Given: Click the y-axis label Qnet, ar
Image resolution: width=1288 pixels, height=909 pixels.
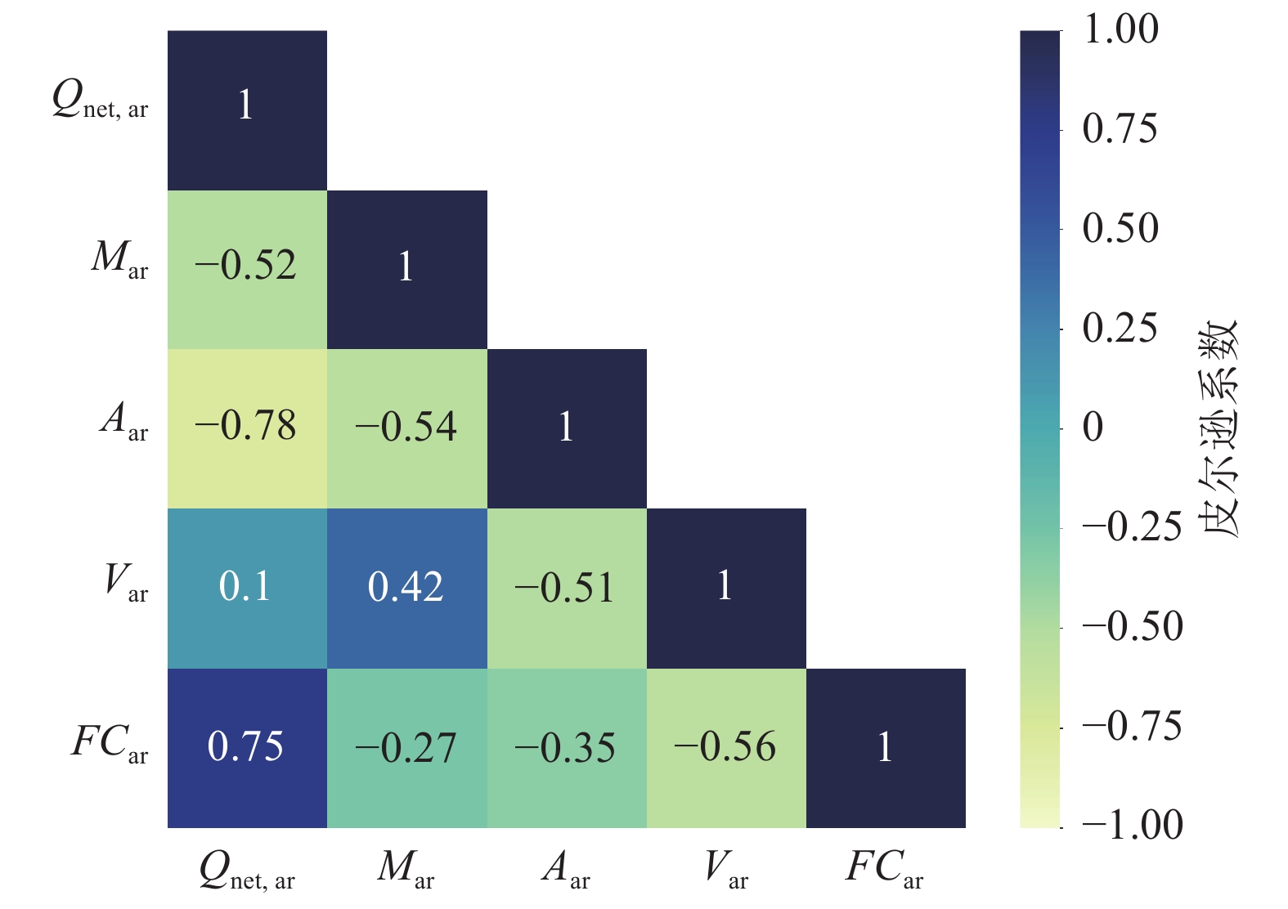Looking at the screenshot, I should point(100,101).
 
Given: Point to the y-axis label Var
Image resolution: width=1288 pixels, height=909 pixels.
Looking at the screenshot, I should point(125,581).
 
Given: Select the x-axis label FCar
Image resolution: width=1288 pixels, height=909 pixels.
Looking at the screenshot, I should point(884,868).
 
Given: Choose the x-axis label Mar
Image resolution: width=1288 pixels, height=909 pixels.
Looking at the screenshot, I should point(406,868).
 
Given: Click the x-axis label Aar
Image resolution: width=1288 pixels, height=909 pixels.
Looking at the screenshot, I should point(565,868).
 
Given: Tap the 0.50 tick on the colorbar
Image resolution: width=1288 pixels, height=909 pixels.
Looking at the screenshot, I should point(1120,229).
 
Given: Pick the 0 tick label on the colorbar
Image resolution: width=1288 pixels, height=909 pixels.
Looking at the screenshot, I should point(1093,428).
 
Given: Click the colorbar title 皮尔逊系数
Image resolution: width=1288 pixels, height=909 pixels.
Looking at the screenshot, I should point(1219,428).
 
